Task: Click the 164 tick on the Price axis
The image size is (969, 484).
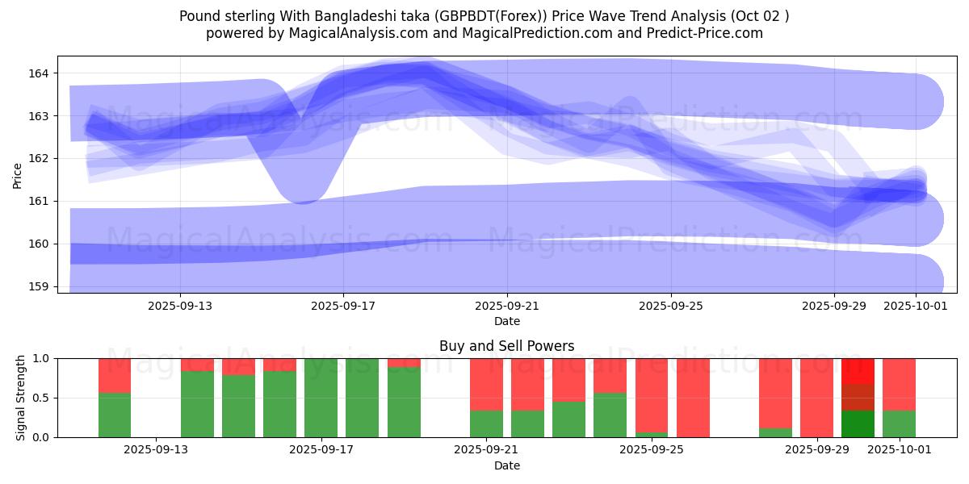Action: [x=39, y=73]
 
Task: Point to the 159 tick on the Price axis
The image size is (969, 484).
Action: [x=39, y=286]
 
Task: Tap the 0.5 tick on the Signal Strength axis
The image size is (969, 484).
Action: [x=42, y=398]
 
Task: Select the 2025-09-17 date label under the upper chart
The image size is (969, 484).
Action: [x=343, y=306]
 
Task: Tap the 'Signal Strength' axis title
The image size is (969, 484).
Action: [x=20, y=398]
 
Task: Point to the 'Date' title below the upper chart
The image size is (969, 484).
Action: [x=507, y=321]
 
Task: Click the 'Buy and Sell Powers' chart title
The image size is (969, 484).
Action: [x=507, y=346]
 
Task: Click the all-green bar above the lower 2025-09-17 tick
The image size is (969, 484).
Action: [x=321, y=398]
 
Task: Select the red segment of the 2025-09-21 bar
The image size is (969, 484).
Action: [x=486, y=384]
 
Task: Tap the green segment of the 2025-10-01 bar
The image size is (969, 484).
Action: [x=899, y=424]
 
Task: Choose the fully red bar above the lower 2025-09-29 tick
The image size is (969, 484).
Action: [x=816, y=398]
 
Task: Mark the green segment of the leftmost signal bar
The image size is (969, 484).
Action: [x=115, y=415]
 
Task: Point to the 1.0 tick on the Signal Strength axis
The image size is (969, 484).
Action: [x=42, y=358]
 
